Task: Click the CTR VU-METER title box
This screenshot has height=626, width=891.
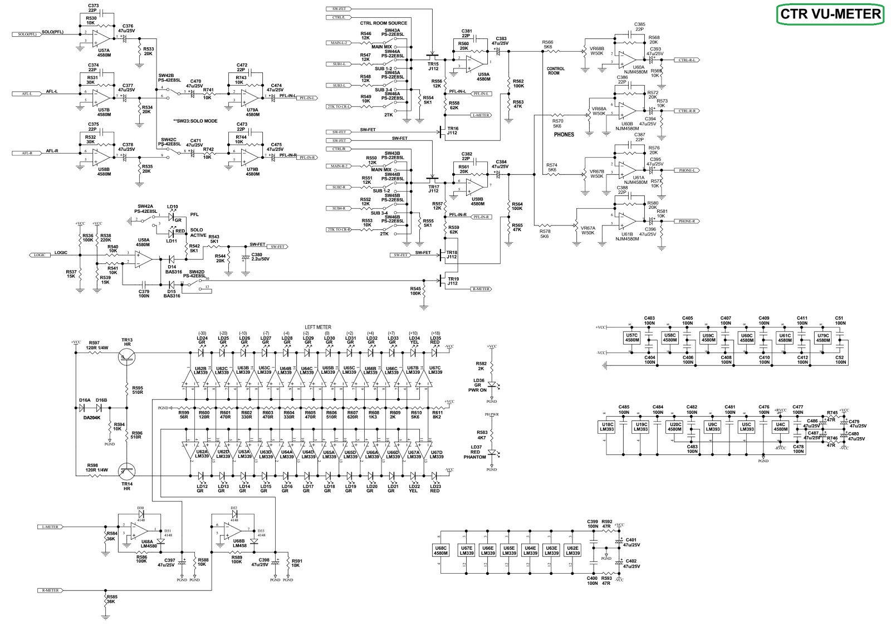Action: pyautogui.click(x=830, y=14)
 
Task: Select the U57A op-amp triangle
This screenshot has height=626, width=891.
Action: pyautogui.click(x=102, y=38)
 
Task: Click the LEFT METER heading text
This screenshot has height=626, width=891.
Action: pyautogui.click(x=318, y=327)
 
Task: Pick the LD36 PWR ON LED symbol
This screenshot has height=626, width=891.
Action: pyautogui.click(x=492, y=385)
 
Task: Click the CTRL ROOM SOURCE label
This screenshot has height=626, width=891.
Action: pyautogui.click(x=383, y=23)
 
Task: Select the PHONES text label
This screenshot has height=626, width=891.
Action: pyautogui.click(x=564, y=135)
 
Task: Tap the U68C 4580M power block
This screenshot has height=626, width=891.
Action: pyautogui.click(x=440, y=550)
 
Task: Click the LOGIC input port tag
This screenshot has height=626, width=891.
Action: pyautogui.click(x=39, y=255)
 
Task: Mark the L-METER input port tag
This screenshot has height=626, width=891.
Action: pyautogui.click(x=50, y=527)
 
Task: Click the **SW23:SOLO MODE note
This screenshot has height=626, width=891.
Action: pyautogui.click(x=195, y=121)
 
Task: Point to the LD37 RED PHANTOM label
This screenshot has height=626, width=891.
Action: pyautogui.click(x=475, y=452)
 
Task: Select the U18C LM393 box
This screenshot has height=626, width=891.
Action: pyautogui.click(x=606, y=427)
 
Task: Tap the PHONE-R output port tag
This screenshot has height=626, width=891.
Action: pyautogui.click(x=687, y=222)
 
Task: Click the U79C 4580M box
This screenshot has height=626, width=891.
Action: pyautogui.click(x=823, y=338)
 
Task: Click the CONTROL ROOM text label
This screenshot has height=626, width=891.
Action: pyautogui.click(x=555, y=71)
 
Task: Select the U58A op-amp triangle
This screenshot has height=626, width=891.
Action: pyautogui.click(x=143, y=259)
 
